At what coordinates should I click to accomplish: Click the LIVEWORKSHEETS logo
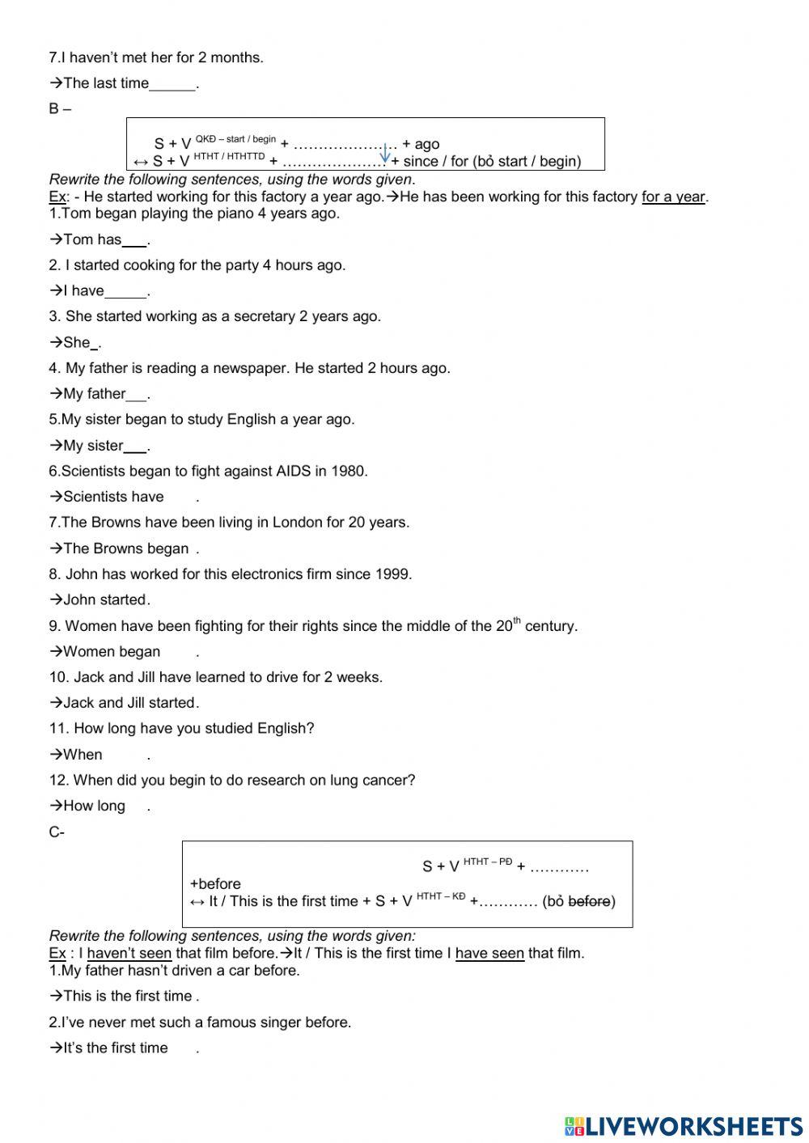tap(683, 1125)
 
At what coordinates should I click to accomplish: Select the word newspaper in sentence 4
tap(249, 368)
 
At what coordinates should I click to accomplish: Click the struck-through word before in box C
tap(589, 901)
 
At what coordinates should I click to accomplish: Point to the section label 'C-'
tap(57, 832)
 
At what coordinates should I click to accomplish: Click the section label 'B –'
tap(59, 109)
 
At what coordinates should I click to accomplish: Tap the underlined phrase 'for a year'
tap(673, 197)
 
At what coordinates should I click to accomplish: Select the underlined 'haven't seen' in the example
tap(129, 953)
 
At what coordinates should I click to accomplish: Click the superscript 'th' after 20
tap(517, 620)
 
